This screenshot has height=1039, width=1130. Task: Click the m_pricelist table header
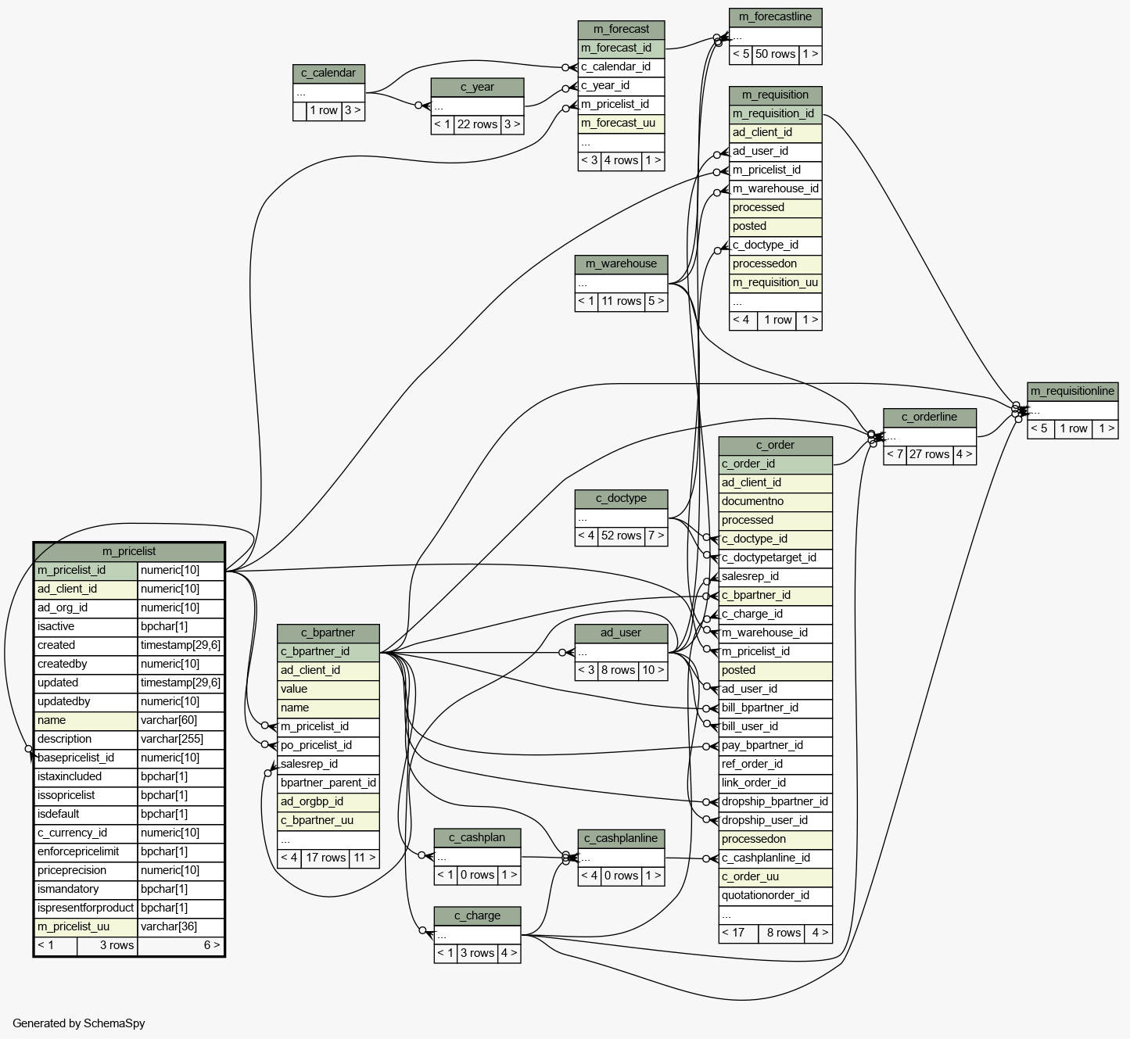click(x=129, y=551)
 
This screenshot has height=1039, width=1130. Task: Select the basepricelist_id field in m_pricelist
click(x=76, y=758)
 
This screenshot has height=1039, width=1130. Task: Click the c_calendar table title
click(x=328, y=73)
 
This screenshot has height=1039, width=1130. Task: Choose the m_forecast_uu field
click(x=618, y=123)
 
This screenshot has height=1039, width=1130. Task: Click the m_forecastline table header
click(x=775, y=16)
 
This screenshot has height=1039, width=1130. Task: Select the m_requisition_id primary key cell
click(x=773, y=113)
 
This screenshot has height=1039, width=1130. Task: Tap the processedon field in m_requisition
click(x=765, y=263)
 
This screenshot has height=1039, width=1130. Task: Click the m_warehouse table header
click(x=621, y=263)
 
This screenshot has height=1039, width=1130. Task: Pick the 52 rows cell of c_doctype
click(x=621, y=536)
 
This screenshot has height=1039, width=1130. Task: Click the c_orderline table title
click(x=929, y=417)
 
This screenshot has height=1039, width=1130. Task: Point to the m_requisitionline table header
click(x=1072, y=391)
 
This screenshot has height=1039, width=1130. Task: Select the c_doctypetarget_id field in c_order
click(x=769, y=557)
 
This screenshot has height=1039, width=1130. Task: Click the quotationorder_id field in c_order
click(x=766, y=895)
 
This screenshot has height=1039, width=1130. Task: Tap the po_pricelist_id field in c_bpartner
click(x=316, y=745)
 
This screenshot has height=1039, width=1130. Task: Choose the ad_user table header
click(x=621, y=632)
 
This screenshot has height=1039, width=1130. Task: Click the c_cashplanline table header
click(x=621, y=838)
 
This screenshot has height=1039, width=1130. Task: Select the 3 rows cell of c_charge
click(x=477, y=953)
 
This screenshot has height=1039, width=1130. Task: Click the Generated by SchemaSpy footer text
click(x=78, y=1023)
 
